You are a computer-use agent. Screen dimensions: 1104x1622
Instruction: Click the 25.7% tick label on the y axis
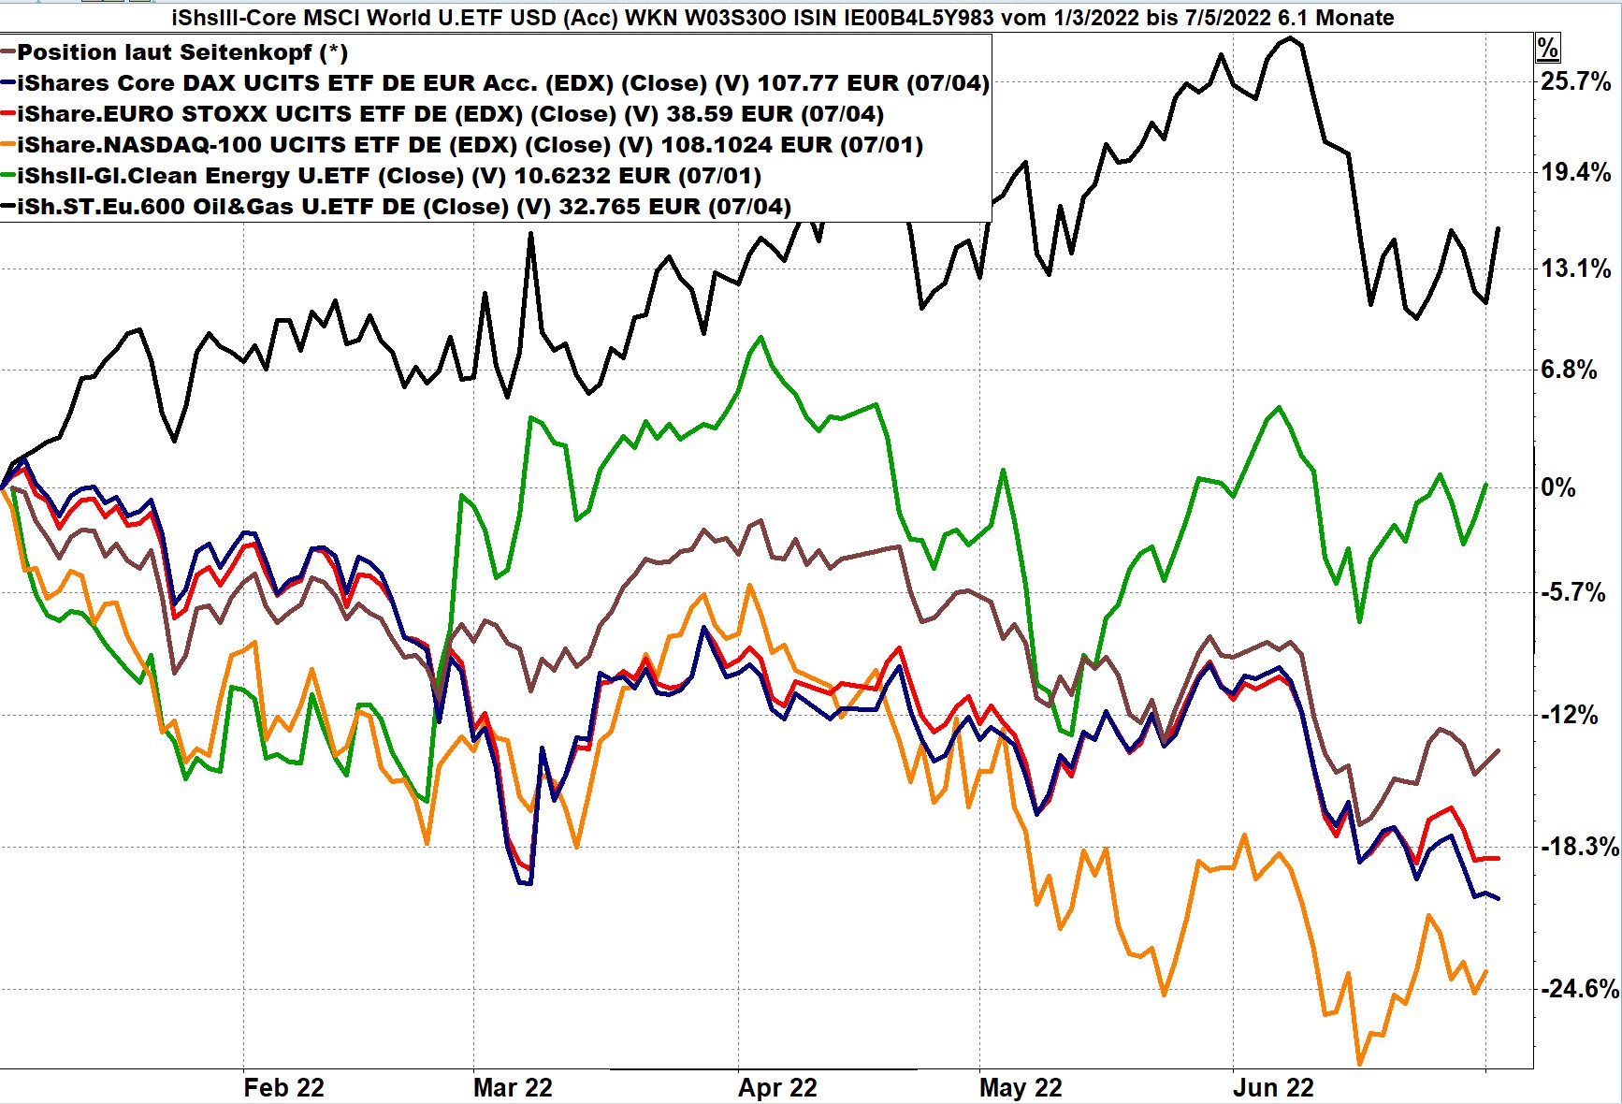coord(1576,81)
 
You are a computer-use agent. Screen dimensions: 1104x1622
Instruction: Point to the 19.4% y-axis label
coord(1576,172)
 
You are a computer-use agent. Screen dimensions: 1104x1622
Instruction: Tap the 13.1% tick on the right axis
coord(1576,269)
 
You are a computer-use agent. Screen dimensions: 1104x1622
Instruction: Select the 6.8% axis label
coord(1569,370)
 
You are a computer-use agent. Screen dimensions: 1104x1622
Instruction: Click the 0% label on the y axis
coord(1557,487)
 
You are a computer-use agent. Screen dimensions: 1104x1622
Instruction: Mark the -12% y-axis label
coord(1570,716)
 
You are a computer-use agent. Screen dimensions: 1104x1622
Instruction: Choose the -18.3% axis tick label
coord(1579,848)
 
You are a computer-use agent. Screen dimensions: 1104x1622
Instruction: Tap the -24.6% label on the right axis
coord(1579,989)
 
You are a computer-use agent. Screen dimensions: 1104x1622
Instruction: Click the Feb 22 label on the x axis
coord(283,1088)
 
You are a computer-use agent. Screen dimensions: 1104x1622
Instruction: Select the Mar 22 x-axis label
coord(513,1088)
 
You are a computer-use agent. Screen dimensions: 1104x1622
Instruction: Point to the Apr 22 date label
coord(777,1088)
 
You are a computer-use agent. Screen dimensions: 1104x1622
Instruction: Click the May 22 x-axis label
coord(1021,1088)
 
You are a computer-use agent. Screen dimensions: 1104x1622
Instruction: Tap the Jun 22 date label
coord(1273,1088)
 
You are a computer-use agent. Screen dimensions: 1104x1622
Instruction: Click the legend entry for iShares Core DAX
coord(502,83)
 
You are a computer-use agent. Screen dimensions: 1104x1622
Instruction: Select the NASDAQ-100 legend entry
coord(470,145)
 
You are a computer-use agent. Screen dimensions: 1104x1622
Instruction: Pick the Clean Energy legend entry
coord(388,176)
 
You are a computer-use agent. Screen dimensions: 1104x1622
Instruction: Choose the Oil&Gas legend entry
coord(403,207)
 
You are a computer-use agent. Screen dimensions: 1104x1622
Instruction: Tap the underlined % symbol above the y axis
coord(1547,49)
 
